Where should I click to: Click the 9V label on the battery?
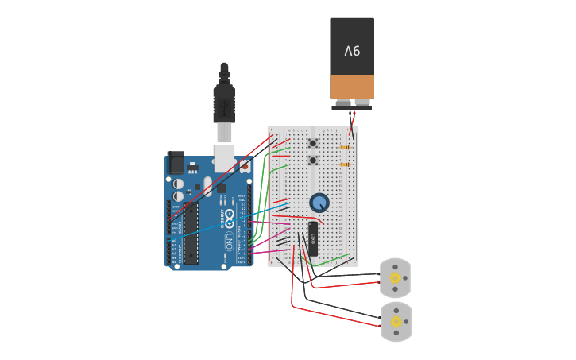(x=352, y=51)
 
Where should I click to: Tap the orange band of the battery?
(x=352, y=87)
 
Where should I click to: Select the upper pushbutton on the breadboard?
(x=313, y=144)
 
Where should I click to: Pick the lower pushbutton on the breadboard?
(x=313, y=161)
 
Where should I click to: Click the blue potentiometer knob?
(x=319, y=203)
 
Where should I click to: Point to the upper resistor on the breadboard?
(x=345, y=147)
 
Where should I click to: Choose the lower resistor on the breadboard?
(x=345, y=165)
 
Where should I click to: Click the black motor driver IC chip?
(x=313, y=238)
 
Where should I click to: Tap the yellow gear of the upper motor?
(x=395, y=277)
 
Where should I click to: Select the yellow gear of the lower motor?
(x=395, y=321)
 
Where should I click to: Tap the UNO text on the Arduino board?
(x=230, y=238)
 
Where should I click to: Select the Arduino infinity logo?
(x=230, y=215)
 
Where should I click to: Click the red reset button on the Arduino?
(x=245, y=167)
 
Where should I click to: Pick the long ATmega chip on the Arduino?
(x=191, y=234)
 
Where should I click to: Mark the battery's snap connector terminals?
(x=352, y=103)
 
